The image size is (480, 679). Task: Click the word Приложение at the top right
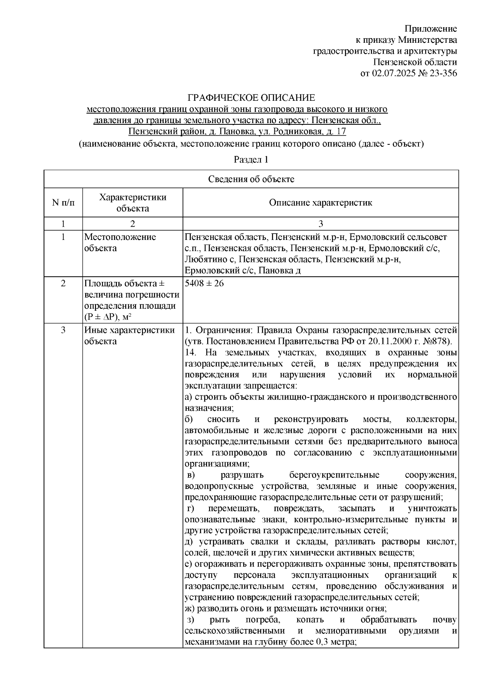430,28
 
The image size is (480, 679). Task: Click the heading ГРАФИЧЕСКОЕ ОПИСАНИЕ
252,98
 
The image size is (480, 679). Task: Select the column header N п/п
63,202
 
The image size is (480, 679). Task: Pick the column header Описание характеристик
320,202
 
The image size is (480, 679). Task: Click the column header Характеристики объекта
132,202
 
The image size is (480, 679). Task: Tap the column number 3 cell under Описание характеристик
320,223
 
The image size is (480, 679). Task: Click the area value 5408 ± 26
204,284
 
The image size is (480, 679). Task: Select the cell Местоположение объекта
120,242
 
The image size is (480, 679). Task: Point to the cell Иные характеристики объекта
129,336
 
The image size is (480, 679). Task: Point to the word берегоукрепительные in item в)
334,475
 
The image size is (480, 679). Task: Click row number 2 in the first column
63,284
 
